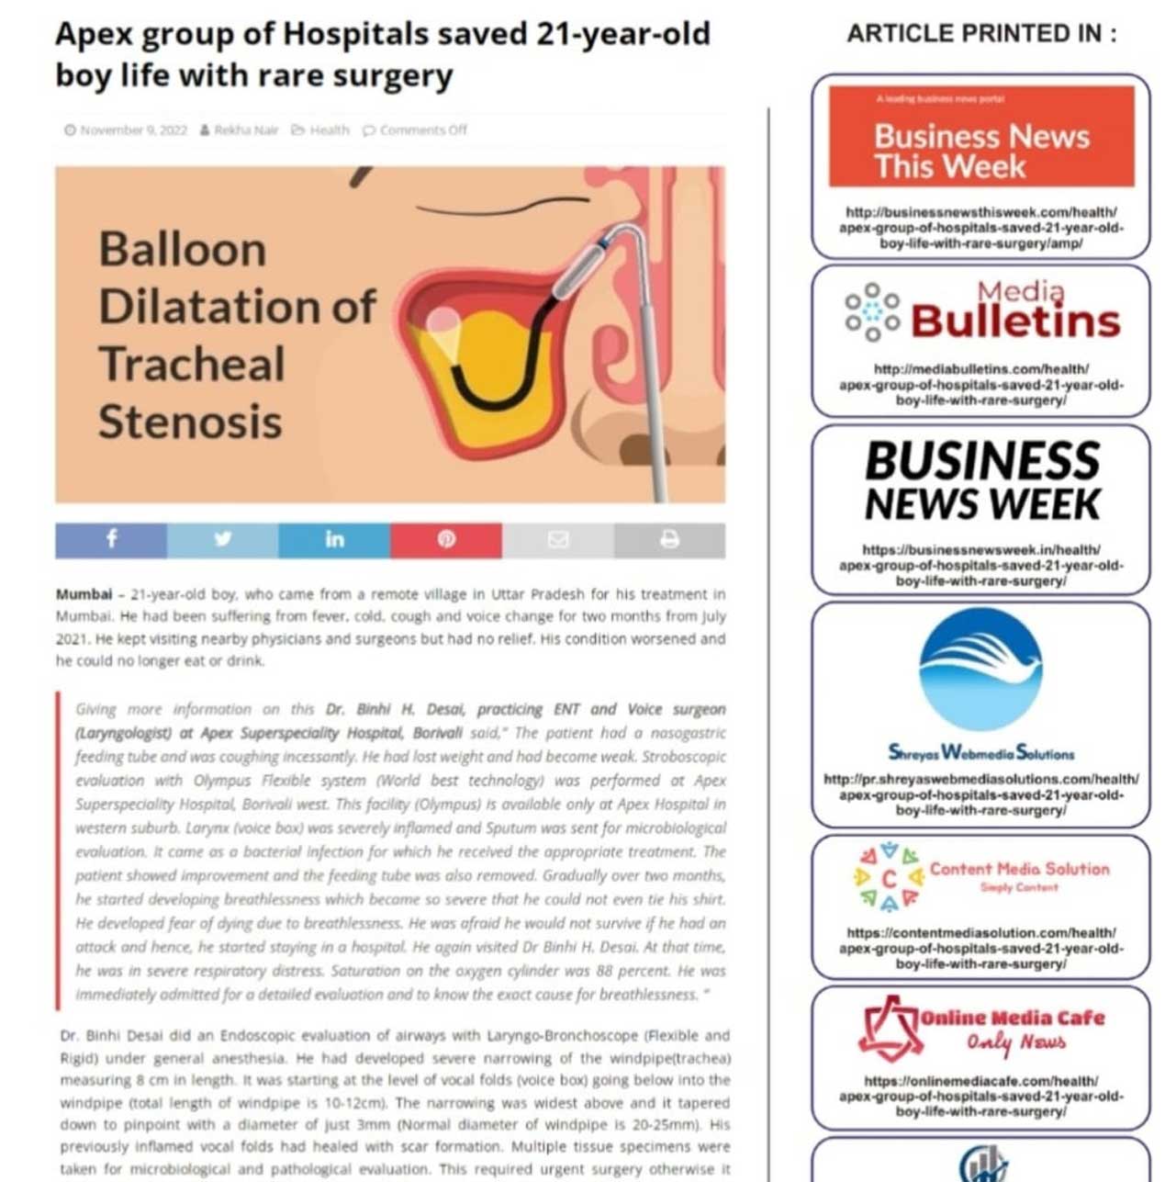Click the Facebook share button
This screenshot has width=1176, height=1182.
(x=111, y=540)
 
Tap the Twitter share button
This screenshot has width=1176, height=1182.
(x=222, y=540)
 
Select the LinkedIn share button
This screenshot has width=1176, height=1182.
(x=334, y=540)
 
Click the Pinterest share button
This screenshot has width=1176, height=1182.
(x=446, y=540)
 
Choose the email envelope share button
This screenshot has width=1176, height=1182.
(x=557, y=540)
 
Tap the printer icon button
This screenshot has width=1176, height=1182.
(x=669, y=540)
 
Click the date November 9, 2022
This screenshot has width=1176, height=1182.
(x=133, y=130)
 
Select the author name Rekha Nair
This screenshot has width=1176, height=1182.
(x=245, y=130)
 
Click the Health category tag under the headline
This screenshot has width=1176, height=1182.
(x=329, y=130)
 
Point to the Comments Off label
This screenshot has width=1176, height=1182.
(x=423, y=130)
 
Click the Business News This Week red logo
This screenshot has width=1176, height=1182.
(x=980, y=138)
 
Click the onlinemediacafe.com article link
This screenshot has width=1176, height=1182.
(x=980, y=1097)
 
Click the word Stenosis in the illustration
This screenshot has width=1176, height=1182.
(x=190, y=422)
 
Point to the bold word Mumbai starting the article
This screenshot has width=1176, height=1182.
(x=84, y=594)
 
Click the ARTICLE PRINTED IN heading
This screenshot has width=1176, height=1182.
(x=980, y=34)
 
